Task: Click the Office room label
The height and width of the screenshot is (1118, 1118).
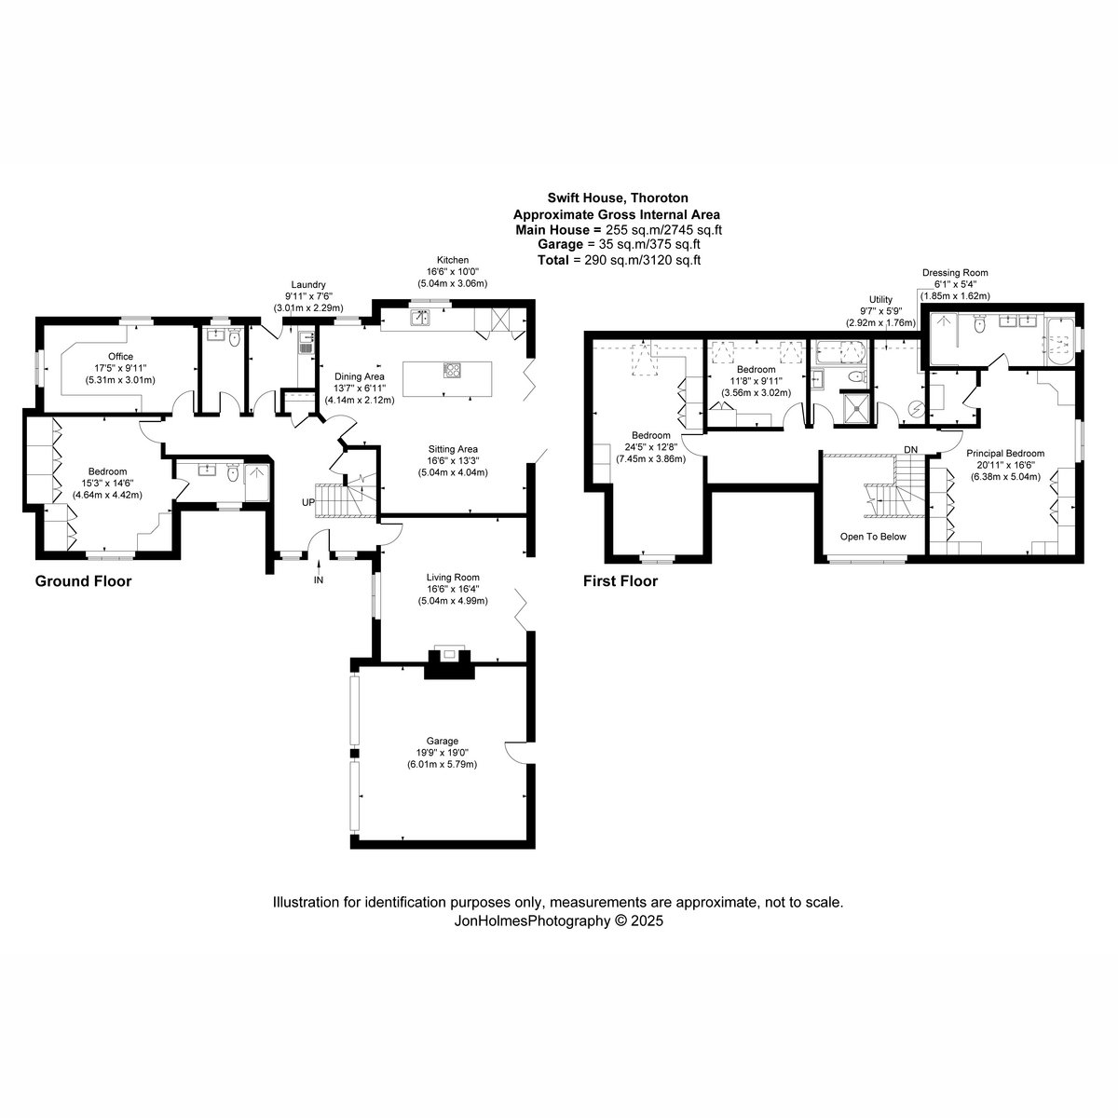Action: click(121, 356)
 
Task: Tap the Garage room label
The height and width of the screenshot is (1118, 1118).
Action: click(443, 741)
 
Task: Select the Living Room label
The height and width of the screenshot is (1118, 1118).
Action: click(453, 578)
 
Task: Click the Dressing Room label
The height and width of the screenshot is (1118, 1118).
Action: click(955, 273)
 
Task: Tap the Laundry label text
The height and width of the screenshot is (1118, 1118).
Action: click(308, 285)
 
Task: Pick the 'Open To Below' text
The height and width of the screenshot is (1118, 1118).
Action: click(873, 537)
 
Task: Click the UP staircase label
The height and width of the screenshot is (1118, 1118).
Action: click(308, 502)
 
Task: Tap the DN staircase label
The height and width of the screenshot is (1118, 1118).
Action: click(911, 450)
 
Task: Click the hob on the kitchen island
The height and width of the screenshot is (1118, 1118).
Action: click(452, 370)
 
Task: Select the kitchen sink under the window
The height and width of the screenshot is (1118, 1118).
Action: click(420, 318)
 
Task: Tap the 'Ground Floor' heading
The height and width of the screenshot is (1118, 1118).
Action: click(84, 580)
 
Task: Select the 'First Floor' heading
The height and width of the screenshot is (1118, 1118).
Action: click(620, 580)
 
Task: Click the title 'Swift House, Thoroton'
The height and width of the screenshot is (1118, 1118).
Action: click(618, 198)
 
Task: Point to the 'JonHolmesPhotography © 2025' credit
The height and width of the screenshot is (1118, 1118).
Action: click(558, 920)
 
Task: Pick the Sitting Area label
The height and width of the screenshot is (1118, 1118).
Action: click(453, 448)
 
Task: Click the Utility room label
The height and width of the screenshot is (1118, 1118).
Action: click(880, 299)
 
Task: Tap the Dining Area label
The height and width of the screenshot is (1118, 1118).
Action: click(359, 376)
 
